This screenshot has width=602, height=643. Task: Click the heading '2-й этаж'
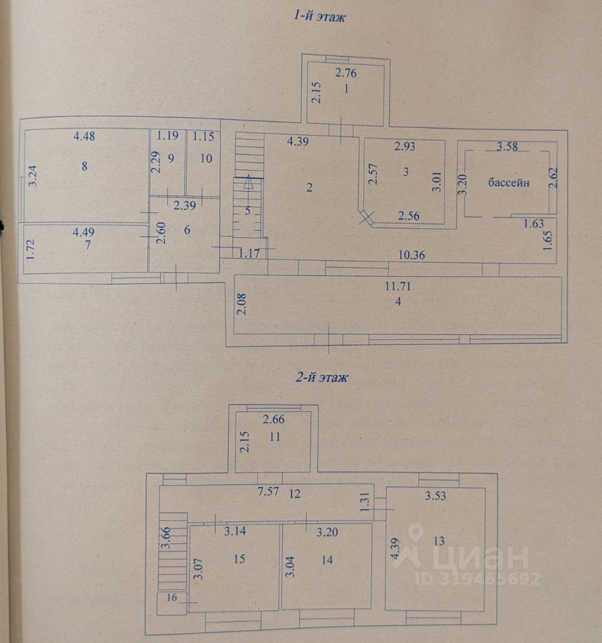(322, 378)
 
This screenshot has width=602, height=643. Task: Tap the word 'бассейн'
(509, 182)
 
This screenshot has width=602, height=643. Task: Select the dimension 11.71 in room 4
(397, 287)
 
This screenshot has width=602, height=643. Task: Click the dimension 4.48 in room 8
(85, 137)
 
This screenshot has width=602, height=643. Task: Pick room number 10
(206, 158)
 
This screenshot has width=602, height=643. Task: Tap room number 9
(171, 159)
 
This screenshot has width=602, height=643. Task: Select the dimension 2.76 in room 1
(347, 73)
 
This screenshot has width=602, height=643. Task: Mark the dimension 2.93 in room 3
(406, 147)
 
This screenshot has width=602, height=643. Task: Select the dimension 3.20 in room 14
(328, 533)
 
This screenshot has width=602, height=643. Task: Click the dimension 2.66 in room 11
(274, 421)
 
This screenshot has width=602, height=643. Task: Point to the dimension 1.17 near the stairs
(249, 253)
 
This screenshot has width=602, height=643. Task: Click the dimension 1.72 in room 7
(29, 248)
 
